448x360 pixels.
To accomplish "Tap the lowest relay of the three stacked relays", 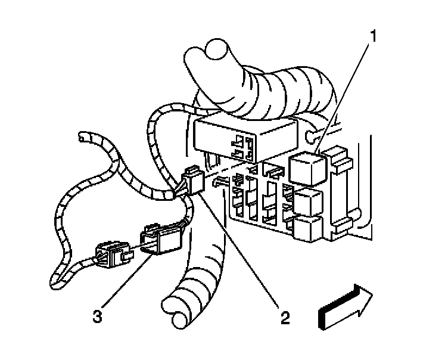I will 309,229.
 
